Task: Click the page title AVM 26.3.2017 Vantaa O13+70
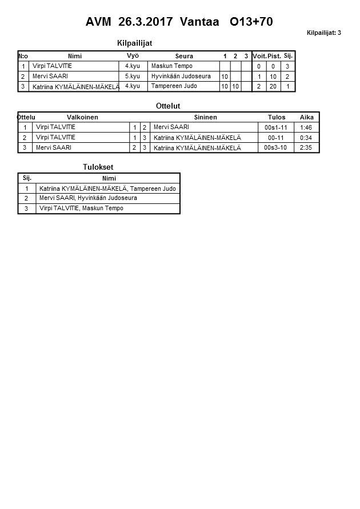click(x=179, y=22)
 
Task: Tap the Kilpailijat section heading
click(x=134, y=43)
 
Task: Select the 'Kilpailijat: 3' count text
click(x=323, y=33)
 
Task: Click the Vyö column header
click(x=133, y=56)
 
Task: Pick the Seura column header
click(x=184, y=56)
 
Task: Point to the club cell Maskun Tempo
click(x=172, y=66)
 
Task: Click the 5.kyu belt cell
click(x=132, y=76)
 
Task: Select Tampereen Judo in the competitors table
click(x=174, y=86)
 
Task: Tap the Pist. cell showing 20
click(x=273, y=86)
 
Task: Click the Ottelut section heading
click(x=168, y=106)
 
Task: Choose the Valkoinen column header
click(x=82, y=117)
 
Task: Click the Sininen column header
click(x=205, y=117)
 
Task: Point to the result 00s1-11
click(x=276, y=127)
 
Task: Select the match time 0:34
click(x=306, y=138)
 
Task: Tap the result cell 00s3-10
click(x=276, y=147)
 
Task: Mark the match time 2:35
click(x=306, y=147)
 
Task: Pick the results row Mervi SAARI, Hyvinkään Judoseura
click(x=88, y=198)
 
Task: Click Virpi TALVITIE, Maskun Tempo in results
click(x=81, y=209)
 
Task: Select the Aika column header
click(x=307, y=117)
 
